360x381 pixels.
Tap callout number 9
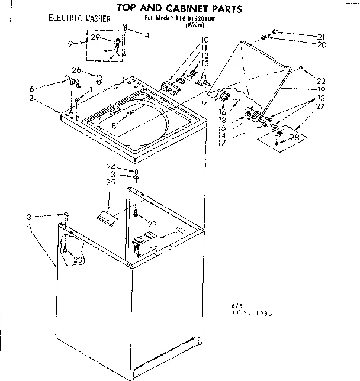pos(70,44)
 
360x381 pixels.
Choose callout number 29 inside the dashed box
pos(94,38)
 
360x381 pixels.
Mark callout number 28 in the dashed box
pos(292,137)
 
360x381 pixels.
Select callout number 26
pos(76,69)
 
